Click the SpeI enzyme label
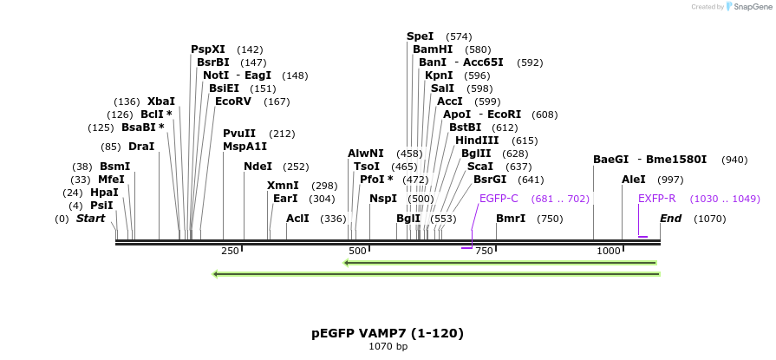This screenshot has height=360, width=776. tap(421, 36)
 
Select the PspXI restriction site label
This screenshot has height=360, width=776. tap(208, 49)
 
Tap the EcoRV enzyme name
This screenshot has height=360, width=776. tap(233, 101)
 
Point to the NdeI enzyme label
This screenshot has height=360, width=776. tap(258, 167)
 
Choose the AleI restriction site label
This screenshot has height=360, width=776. tap(634, 180)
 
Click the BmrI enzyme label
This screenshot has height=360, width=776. tap(511, 219)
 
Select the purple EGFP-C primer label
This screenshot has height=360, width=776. tap(499, 199)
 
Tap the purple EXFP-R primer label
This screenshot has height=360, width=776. tap(657, 199)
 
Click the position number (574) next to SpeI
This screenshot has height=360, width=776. tap(459, 36)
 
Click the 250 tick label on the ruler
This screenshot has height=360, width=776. tap(230, 251)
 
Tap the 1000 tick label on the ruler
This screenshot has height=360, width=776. tap(610, 251)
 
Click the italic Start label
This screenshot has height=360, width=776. tap(90, 219)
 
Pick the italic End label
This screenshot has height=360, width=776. tap(671, 219)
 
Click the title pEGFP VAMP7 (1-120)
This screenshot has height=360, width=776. tap(388, 333)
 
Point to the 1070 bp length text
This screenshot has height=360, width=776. tap(388, 347)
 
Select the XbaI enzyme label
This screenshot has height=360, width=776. tap(161, 101)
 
